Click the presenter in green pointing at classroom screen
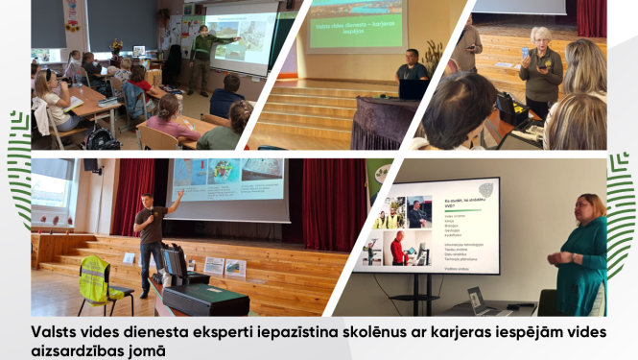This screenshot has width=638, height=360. point(201,58)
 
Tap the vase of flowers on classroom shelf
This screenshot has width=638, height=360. point(117,45)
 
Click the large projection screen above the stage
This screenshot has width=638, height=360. point(227,181)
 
